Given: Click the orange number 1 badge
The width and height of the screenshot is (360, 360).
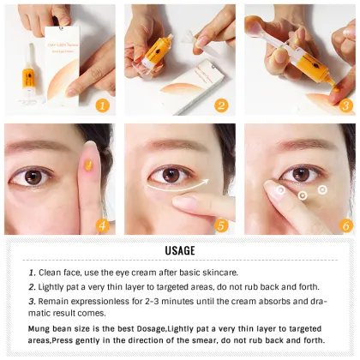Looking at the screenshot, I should (101, 106).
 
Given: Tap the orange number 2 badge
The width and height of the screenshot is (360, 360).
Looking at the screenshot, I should (221, 106).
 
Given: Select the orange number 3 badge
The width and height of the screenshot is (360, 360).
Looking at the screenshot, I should (345, 106).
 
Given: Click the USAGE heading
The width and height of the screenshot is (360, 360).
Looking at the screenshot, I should (180, 250).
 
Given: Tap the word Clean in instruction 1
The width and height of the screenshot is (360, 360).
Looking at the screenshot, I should (51, 272).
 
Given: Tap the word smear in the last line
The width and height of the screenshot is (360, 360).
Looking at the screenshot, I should (207, 340).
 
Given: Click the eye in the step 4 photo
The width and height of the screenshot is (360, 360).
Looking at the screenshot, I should (36, 176).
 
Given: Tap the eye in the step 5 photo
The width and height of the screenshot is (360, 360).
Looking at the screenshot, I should (172, 173).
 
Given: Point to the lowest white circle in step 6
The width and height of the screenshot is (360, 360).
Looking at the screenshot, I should (303, 196).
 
